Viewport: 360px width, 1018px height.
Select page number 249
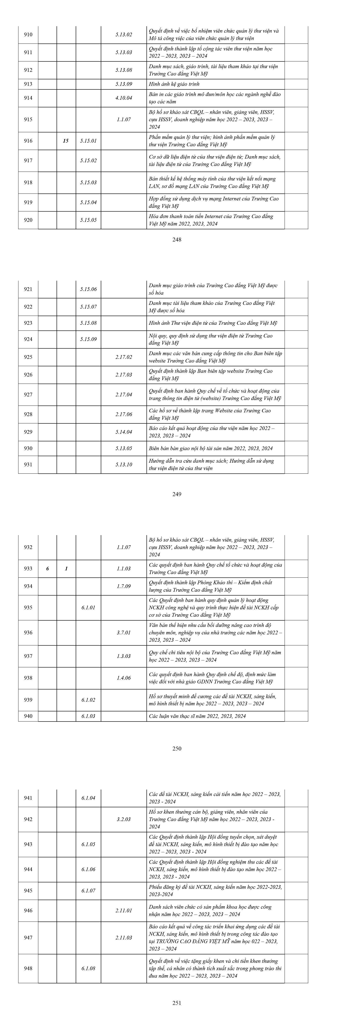point(177,494)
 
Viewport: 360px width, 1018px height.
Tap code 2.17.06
point(124,414)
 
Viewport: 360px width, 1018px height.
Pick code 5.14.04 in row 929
point(124,432)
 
